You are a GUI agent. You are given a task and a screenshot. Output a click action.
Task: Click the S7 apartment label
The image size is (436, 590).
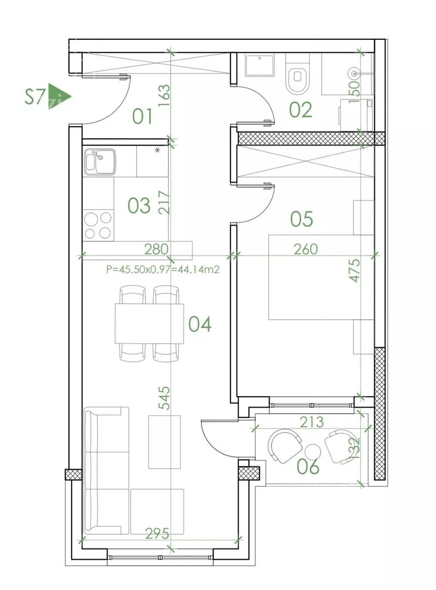(x=34, y=97)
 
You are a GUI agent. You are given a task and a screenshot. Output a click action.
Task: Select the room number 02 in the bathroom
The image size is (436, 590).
(x=301, y=110)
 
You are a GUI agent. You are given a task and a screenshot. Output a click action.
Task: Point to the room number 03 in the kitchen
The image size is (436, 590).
(x=139, y=205)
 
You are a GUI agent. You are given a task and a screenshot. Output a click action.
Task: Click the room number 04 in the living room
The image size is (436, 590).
(x=200, y=324)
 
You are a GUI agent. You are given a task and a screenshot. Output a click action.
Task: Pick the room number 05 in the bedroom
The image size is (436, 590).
(x=302, y=219)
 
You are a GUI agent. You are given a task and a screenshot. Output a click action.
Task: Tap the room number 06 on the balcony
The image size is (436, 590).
(x=308, y=467)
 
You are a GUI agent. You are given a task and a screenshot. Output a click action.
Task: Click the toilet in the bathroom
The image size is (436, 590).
(x=297, y=74)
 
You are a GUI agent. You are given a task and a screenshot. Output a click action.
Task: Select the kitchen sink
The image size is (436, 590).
(x=100, y=161)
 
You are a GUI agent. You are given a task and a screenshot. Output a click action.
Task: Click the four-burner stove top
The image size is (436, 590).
(x=98, y=225)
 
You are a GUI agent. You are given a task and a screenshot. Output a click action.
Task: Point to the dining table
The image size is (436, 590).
(x=149, y=323)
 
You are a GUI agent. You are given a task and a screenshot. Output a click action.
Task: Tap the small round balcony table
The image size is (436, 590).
(x=313, y=451)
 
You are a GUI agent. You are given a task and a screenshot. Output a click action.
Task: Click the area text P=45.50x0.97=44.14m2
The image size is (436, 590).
(x=163, y=269)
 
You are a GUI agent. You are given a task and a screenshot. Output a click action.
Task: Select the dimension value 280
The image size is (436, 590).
(x=156, y=249)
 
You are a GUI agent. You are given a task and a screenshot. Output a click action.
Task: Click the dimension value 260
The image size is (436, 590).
(x=305, y=249)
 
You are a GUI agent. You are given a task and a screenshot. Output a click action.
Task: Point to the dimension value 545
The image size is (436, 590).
(x=164, y=398)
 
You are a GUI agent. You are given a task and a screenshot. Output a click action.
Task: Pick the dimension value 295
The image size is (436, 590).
(x=157, y=533)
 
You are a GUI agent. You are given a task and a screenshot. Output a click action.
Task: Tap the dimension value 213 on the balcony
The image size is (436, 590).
(x=312, y=422)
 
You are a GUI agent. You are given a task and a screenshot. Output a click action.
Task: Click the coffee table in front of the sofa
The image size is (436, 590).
(x=164, y=442)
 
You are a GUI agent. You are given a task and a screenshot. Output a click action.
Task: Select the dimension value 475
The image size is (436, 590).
(x=355, y=270)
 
